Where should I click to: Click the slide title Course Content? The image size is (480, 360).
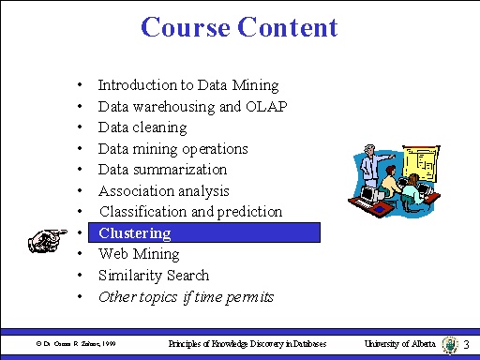click(239, 27)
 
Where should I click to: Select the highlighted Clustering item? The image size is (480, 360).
click(135, 232)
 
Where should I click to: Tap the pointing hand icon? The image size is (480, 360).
click(48, 239)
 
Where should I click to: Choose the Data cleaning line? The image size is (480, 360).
click(142, 127)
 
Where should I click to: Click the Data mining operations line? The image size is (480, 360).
click(172, 148)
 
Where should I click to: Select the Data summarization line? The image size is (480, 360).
click(162, 170)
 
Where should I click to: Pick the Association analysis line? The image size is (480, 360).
click(163, 191)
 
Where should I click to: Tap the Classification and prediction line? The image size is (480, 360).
click(190, 212)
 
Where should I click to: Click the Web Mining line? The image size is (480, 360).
click(139, 254)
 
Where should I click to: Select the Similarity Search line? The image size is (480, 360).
click(154, 276)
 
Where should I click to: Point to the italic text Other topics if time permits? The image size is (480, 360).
click(186, 297)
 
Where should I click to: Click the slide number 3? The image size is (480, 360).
click(466, 345)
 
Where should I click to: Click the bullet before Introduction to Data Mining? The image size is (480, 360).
click(82, 85)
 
